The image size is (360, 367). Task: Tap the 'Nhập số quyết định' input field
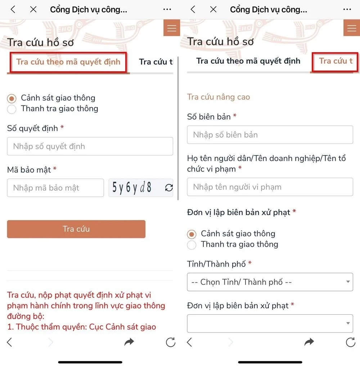point(90,146)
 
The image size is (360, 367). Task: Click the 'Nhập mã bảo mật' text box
point(55,188)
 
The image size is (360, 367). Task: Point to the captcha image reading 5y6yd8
point(132,188)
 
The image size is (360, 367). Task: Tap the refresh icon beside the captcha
point(169,188)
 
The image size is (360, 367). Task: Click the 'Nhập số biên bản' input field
point(270,135)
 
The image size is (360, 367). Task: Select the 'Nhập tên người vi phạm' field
point(270,187)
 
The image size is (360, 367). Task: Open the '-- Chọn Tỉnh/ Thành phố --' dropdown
point(270,282)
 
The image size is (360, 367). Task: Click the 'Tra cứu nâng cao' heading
point(218,97)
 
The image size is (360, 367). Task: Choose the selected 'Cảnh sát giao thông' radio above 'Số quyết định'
point(12,98)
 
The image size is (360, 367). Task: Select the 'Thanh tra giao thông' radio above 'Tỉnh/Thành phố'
point(192,245)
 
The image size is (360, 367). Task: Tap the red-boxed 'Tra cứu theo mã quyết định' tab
point(68,62)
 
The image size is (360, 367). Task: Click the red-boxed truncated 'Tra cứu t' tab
point(335,61)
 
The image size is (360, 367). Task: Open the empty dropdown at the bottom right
point(270,323)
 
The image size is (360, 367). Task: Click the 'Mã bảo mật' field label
point(29,170)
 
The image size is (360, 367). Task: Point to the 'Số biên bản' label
point(209,117)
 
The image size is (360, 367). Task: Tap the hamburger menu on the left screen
point(172,28)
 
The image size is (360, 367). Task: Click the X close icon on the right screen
point(213,9)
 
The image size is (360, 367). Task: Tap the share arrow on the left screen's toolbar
point(129,342)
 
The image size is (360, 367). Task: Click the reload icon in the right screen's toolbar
point(350,342)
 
